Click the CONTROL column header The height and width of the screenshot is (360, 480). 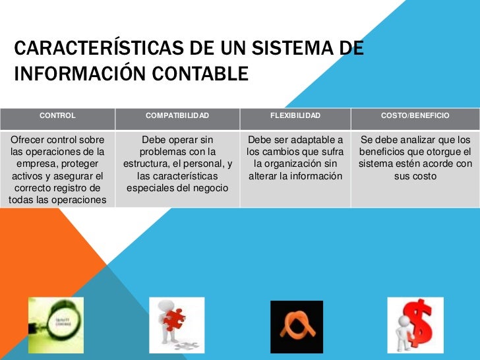pos(58,116)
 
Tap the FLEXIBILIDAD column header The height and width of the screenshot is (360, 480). pos(295,116)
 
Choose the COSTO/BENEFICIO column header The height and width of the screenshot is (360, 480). pos(415,116)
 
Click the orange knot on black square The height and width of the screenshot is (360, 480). pos(297,326)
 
